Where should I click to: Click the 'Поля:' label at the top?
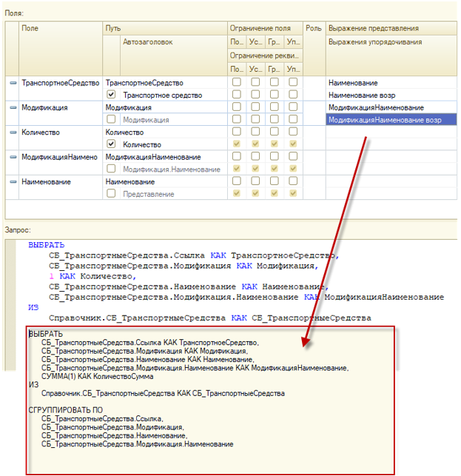(15, 13)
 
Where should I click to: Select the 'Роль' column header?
(314, 27)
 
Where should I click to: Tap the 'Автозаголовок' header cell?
(148, 42)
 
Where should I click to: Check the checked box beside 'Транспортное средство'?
(111, 95)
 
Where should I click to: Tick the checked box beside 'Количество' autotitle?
(111, 144)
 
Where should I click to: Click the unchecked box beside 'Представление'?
(111, 194)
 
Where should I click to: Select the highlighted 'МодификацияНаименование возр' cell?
(391, 119)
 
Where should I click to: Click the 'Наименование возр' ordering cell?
(364, 95)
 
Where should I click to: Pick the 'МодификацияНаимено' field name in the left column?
(61, 157)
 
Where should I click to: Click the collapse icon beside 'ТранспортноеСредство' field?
(13, 83)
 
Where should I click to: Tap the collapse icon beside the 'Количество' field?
(13, 133)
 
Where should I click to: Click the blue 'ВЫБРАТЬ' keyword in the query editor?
(46, 245)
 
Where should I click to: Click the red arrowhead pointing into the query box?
(304, 343)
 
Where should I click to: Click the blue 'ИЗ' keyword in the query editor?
(33, 307)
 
